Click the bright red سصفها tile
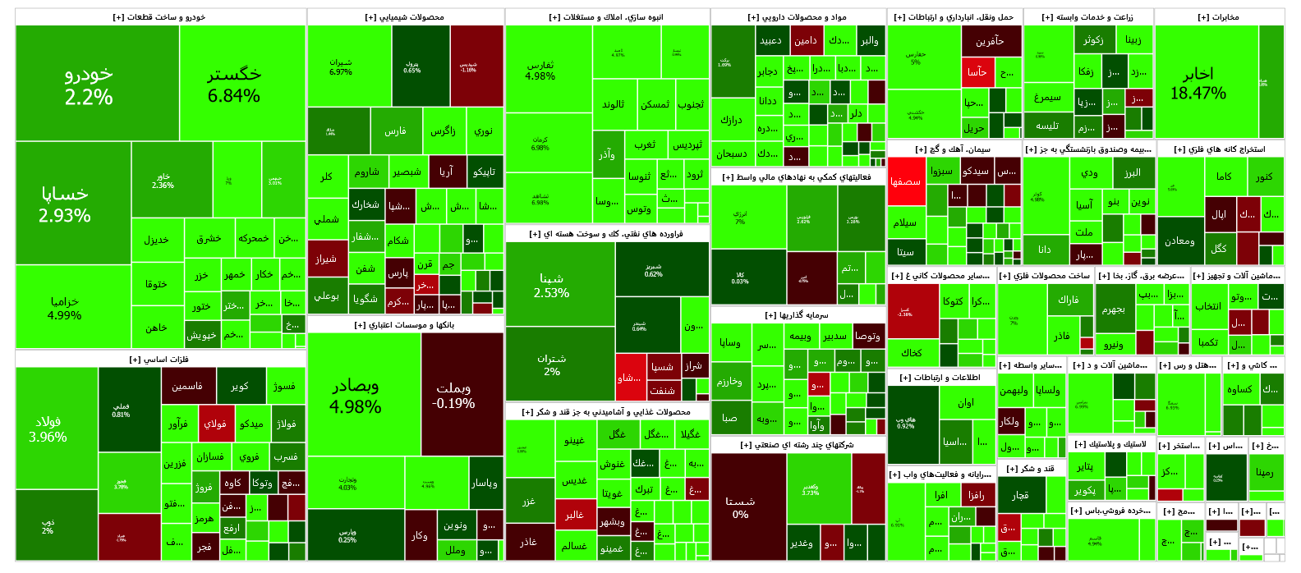(906, 181)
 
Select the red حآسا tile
(977, 72)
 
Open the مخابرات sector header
(1219, 17)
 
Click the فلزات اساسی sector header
(160, 359)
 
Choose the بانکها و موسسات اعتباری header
(405, 325)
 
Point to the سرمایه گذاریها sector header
(797, 314)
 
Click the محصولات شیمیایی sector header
(405, 17)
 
